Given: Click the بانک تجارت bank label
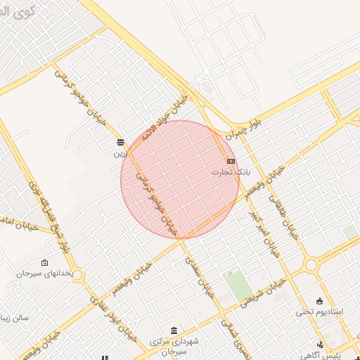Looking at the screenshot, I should [231, 172].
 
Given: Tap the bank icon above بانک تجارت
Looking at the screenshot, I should [231, 161].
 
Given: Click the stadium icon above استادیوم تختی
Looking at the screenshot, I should [320, 300].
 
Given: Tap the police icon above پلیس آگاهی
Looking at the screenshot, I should [321, 345].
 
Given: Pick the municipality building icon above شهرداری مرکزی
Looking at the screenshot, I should [174, 330].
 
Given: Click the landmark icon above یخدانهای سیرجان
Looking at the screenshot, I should [45, 262].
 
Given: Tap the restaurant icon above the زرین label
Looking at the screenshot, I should [120, 141].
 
